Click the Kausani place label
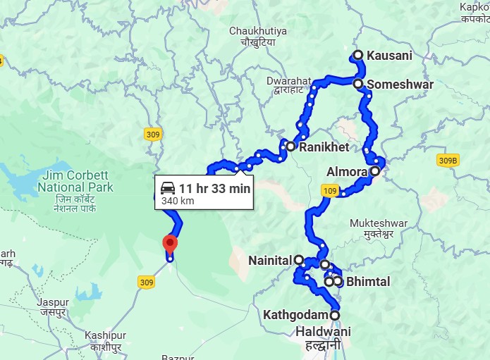[389, 55]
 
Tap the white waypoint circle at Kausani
[358, 55]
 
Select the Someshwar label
[400, 85]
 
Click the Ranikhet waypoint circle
[290, 147]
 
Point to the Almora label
[347, 172]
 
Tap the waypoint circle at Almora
[375, 170]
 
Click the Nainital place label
[269, 261]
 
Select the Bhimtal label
[368, 282]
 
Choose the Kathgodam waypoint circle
[334, 315]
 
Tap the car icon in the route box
[168, 189]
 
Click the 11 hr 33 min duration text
[214, 189]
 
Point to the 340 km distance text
[177, 201]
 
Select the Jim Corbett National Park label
[76, 181]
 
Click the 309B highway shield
[447, 160]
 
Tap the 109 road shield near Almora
[330, 190]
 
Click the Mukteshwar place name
[379, 223]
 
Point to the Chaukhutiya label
[258, 31]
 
